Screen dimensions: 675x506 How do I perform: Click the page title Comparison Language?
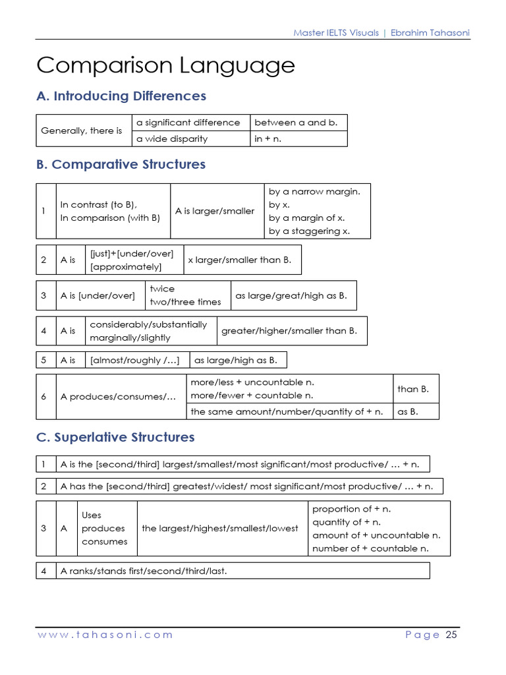tap(165, 66)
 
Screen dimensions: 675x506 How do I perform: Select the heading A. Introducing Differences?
tap(121, 96)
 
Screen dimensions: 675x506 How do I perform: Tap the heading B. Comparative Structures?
tap(121, 164)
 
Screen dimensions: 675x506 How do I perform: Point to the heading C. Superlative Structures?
tap(116, 437)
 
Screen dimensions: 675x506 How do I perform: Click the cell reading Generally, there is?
tap(82, 131)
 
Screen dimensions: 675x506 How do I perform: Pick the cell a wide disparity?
tap(172, 139)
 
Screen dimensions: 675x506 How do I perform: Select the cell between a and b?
tap(296, 123)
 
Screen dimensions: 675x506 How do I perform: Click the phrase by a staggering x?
tap(310, 231)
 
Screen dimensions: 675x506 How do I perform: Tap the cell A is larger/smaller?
tap(215, 211)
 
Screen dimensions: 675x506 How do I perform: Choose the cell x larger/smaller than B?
tap(239, 260)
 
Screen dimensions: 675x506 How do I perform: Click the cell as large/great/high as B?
tap(291, 296)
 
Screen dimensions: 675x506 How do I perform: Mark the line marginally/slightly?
tap(130, 338)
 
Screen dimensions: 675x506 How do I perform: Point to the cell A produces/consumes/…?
tap(119, 397)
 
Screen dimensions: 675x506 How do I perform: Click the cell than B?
tap(413, 389)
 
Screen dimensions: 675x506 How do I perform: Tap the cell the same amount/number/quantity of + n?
tap(287, 412)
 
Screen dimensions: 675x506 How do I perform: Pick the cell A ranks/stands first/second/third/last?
tap(144, 571)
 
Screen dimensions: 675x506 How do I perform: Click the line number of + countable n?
tap(370, 548)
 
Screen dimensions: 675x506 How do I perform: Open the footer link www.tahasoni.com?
tap(105, 635)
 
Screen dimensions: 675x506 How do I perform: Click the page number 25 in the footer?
tap(451, 635)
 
